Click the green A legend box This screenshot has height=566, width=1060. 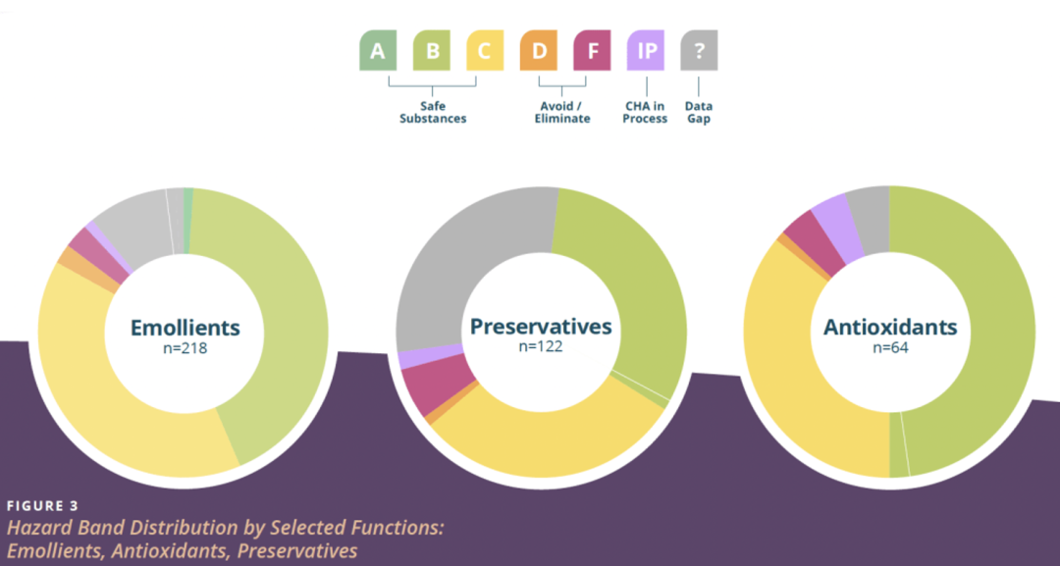378,50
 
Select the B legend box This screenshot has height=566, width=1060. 431,50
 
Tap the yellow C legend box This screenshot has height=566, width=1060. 485,50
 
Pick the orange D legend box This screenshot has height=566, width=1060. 539,50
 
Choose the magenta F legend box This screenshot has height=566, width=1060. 592,50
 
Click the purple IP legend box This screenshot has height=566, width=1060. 646,50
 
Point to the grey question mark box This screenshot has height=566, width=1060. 699,50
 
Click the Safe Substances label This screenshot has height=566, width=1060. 433,112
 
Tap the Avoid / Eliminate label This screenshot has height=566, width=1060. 562,112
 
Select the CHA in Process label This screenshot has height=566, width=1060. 645,112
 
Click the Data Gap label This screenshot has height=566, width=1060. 699,112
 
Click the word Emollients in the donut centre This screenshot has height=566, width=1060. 185,328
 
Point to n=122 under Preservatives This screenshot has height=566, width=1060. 541,346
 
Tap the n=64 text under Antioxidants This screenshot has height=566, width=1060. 890,348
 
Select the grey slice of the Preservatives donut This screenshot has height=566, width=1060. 466,270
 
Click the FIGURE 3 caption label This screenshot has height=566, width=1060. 42,506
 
